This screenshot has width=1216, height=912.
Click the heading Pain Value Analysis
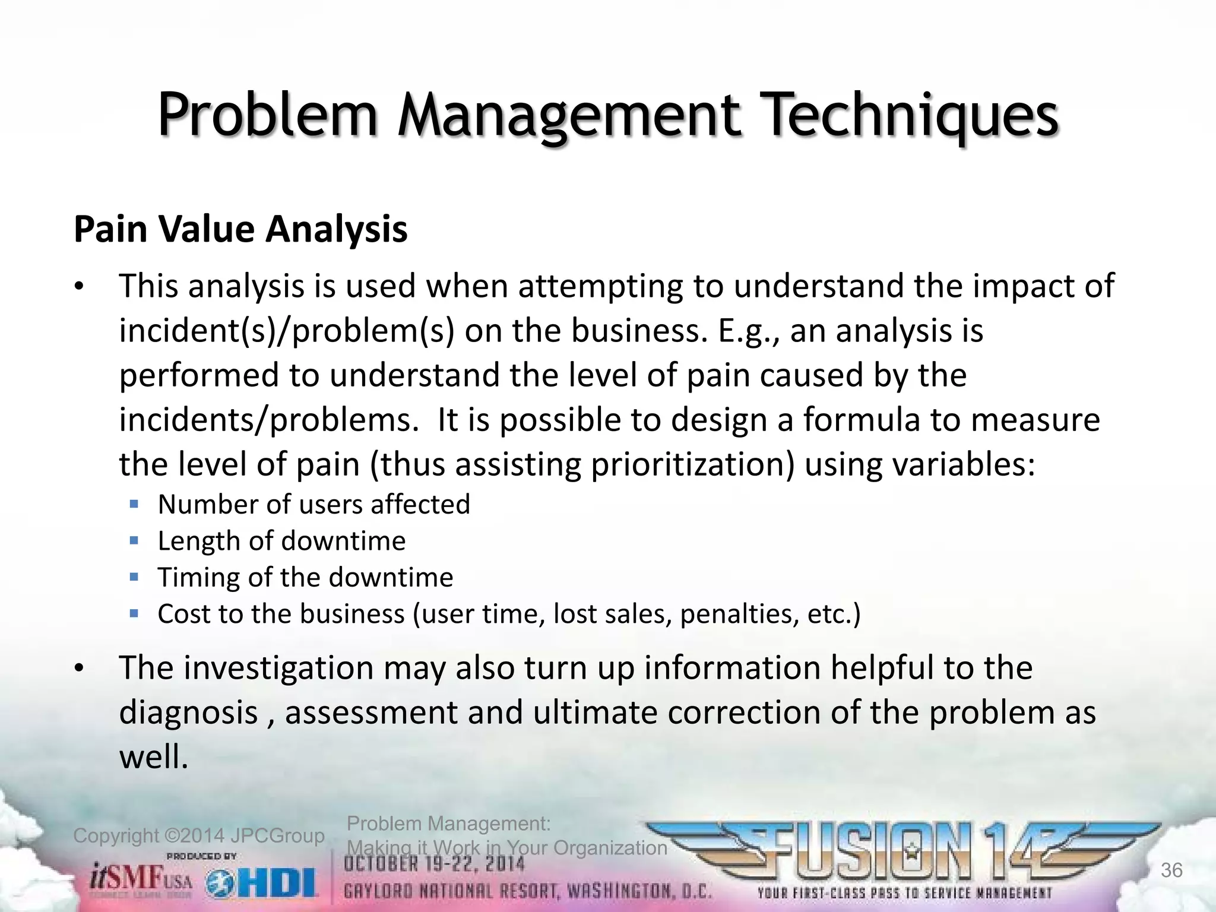coord(240,229)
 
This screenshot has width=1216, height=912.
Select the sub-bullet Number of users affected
coord(313,505)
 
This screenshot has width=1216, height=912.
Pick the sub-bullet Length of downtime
coord(281,541)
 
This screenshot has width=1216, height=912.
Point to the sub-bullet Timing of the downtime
coord(305,577)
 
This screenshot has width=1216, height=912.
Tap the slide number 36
coord(1171,870)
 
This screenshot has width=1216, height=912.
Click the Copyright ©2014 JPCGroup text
coord(198,836)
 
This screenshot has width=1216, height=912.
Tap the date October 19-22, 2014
coord(435,864)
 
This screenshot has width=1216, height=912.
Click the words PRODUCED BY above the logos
coord(202,856)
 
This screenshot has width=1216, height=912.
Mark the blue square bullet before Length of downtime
coord(134,541)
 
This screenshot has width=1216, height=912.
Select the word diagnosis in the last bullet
coord(188,712)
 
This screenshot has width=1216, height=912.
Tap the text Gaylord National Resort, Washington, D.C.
coord(528,892)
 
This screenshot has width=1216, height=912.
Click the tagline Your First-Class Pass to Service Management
coord(904,893)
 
